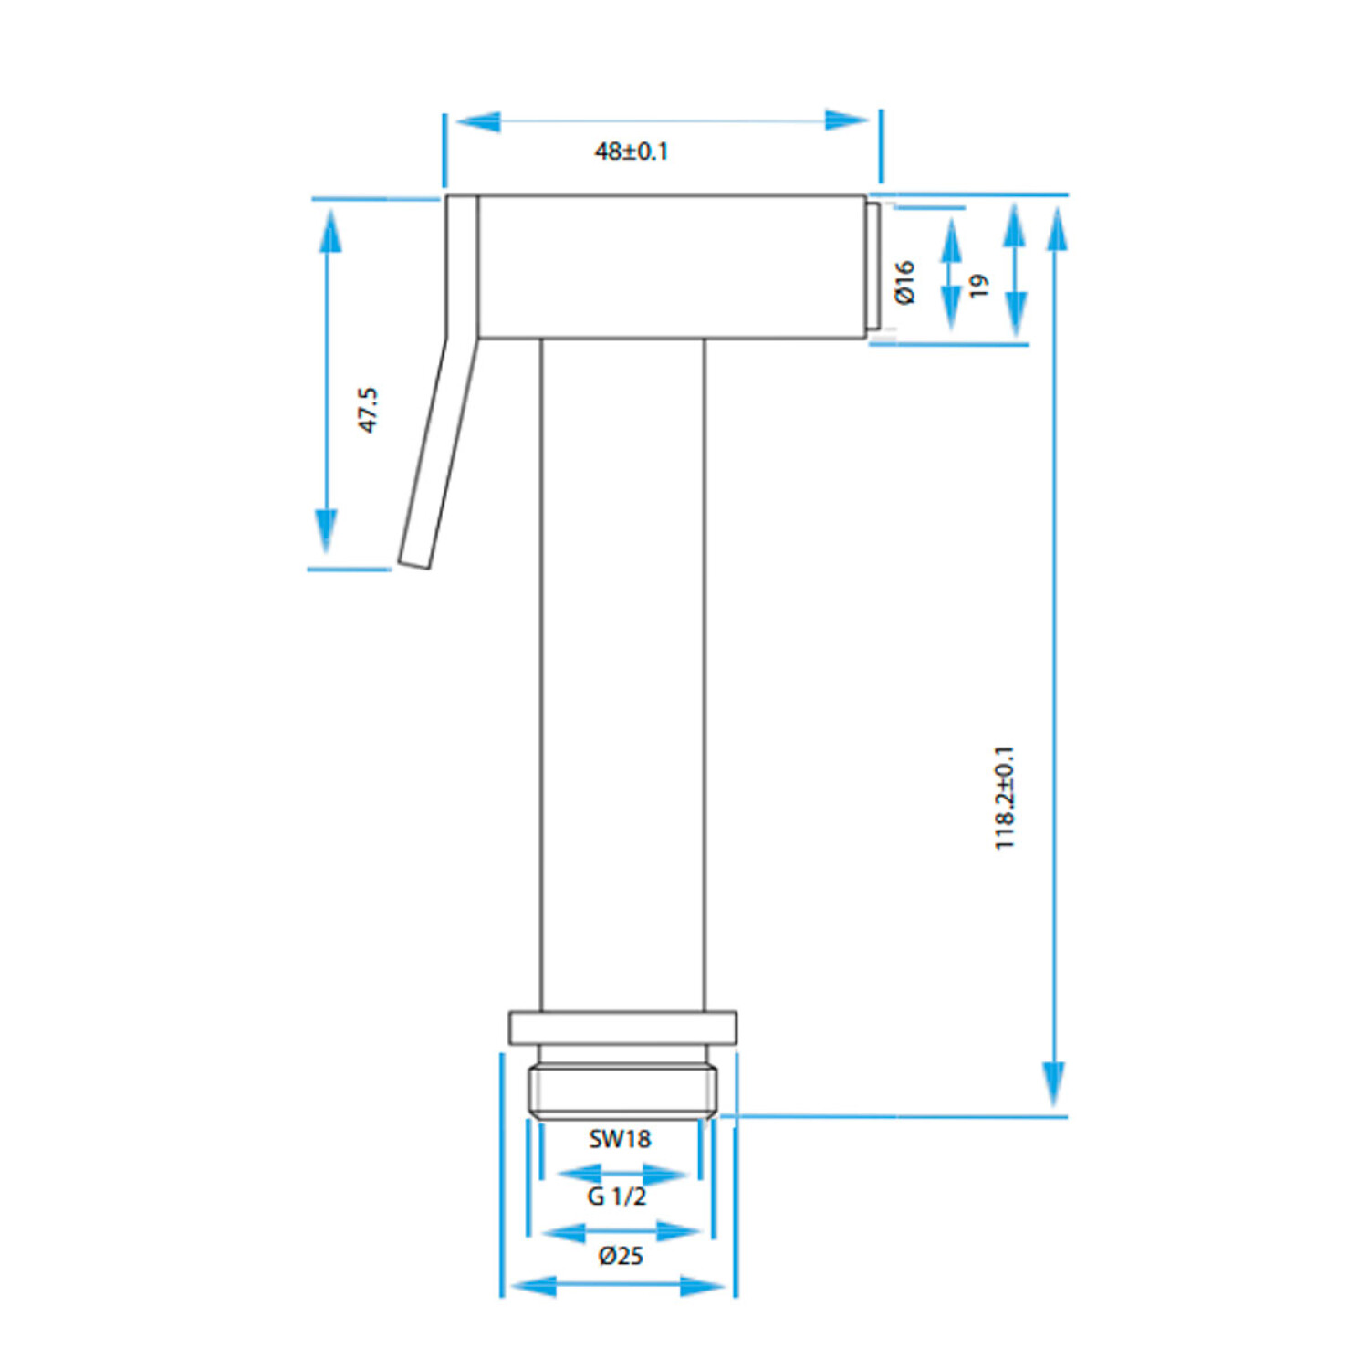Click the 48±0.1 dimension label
632,151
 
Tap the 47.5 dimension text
367,410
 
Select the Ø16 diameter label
904,282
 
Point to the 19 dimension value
978,286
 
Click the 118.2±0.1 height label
1004,799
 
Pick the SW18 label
620,1139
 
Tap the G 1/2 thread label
617,1197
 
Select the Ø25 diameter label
621,1256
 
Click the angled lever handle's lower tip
413,563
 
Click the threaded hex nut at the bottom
622,1092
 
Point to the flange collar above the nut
622,1028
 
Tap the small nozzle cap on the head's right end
873,266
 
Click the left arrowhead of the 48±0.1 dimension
477,120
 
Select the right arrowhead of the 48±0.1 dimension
847,120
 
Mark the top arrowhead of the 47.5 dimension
329,232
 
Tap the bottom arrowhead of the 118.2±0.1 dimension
1054,1085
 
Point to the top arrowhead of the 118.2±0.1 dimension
1057,230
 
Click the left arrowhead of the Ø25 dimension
533,1287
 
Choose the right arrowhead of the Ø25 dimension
704,1287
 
